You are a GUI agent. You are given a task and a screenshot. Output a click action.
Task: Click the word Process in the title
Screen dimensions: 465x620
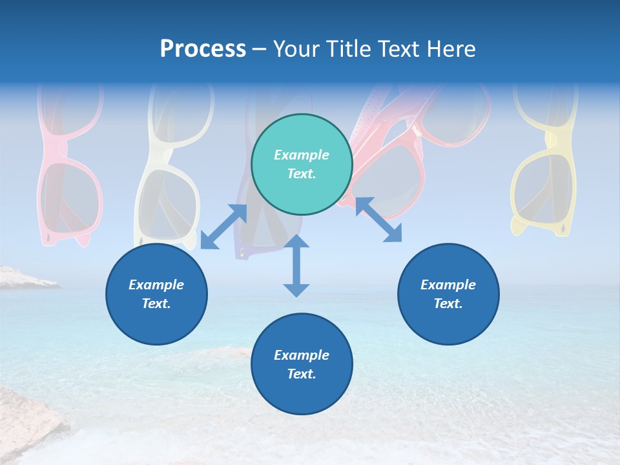point(203,49)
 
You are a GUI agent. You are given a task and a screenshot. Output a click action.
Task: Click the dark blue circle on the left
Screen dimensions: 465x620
point(156,294)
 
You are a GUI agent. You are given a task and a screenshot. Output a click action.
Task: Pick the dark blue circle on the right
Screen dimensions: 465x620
point(448,294)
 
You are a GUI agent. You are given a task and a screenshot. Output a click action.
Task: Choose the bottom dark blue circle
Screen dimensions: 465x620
point(302,364)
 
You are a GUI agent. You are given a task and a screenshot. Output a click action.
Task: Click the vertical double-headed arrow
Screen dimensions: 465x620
point(296,265)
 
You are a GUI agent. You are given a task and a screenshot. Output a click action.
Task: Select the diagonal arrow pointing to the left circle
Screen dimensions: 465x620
point(223,227)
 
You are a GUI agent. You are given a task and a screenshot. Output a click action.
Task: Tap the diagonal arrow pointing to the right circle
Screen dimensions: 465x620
point(378,220)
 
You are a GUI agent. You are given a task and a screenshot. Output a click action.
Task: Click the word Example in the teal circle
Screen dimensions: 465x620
point(302,155)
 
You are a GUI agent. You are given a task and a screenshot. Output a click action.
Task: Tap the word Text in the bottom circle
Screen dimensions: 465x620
point(302,374)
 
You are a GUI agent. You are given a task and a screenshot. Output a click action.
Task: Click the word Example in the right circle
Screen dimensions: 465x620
point(448,285)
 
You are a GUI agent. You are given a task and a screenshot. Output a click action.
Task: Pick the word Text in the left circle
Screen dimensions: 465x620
point(156,304)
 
